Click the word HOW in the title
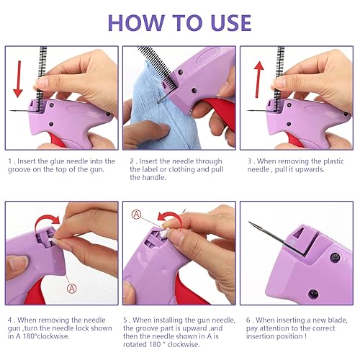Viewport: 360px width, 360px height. point(136,23)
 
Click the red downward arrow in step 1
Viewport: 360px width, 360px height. point(18,79)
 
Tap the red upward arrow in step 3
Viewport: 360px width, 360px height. point(258,79)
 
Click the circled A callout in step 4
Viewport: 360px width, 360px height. point(72,288)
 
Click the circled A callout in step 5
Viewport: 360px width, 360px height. point(137,215)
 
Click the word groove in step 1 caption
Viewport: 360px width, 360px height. point(19,170)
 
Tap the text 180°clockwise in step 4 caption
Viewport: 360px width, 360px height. point(46,336)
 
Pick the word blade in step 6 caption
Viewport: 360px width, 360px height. point(338,320)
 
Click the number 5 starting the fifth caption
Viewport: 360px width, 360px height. point(125,320)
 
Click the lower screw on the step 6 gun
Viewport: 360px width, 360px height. point(313,294)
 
